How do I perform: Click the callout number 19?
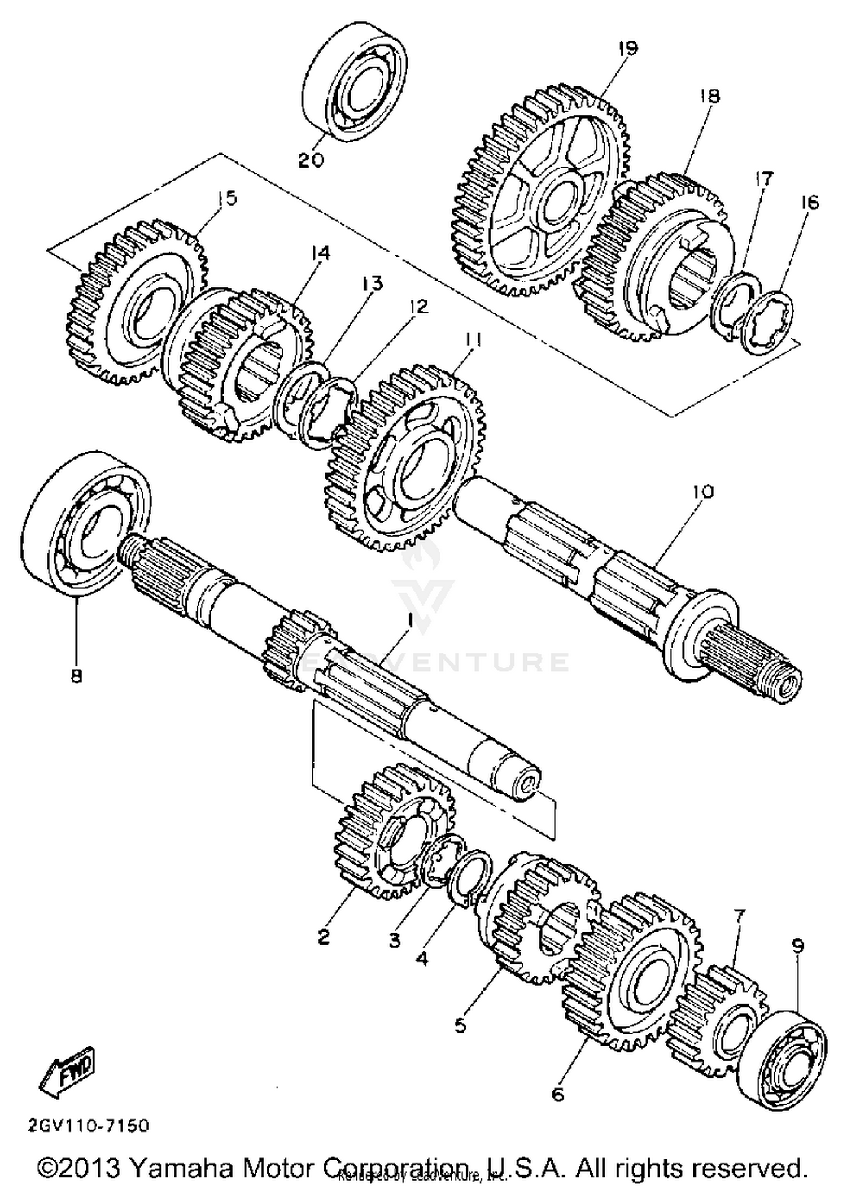pyautogui.click(x=627, y=48)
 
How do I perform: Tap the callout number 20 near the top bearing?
pyautogui.click(x=311, y=160)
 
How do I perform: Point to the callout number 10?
pyautogui.click(x=702, y=491)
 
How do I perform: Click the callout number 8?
pyautogui.click(x=76, y=675)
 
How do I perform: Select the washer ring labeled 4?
pyautogui.click(x=468, y=878)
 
